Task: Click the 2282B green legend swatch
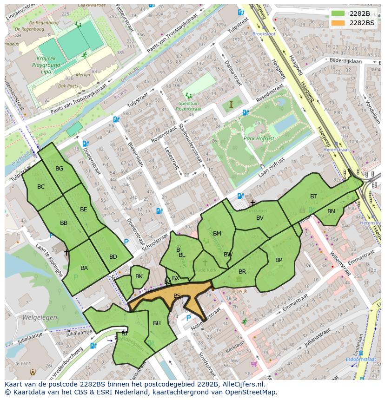pos(338,13)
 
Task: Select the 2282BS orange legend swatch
pos(338,22)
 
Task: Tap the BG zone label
pos(59,169)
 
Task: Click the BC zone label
pos(41,187)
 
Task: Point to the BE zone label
pos(83,210)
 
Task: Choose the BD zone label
pos(113,257)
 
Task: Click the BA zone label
pos(84,268)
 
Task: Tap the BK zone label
pos(139,276)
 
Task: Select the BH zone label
pos(157,323)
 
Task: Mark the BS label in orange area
pos(177,295)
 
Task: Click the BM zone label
pos(217,234)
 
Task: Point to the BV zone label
pos(260,218)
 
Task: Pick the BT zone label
pos(313,197)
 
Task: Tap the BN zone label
pos(331,211)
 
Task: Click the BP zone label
pos(279,260)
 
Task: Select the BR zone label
pos(242,272)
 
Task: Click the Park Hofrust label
pos(259,138)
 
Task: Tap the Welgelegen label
pos(39,318)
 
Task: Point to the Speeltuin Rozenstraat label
pos(189,106)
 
